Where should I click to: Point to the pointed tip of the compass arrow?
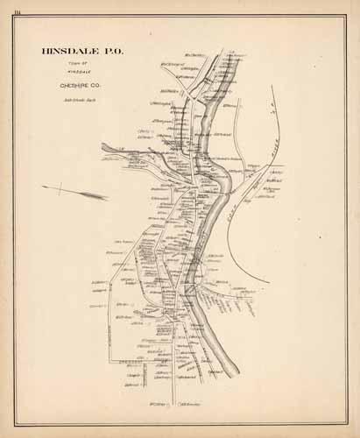click(107, 194)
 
